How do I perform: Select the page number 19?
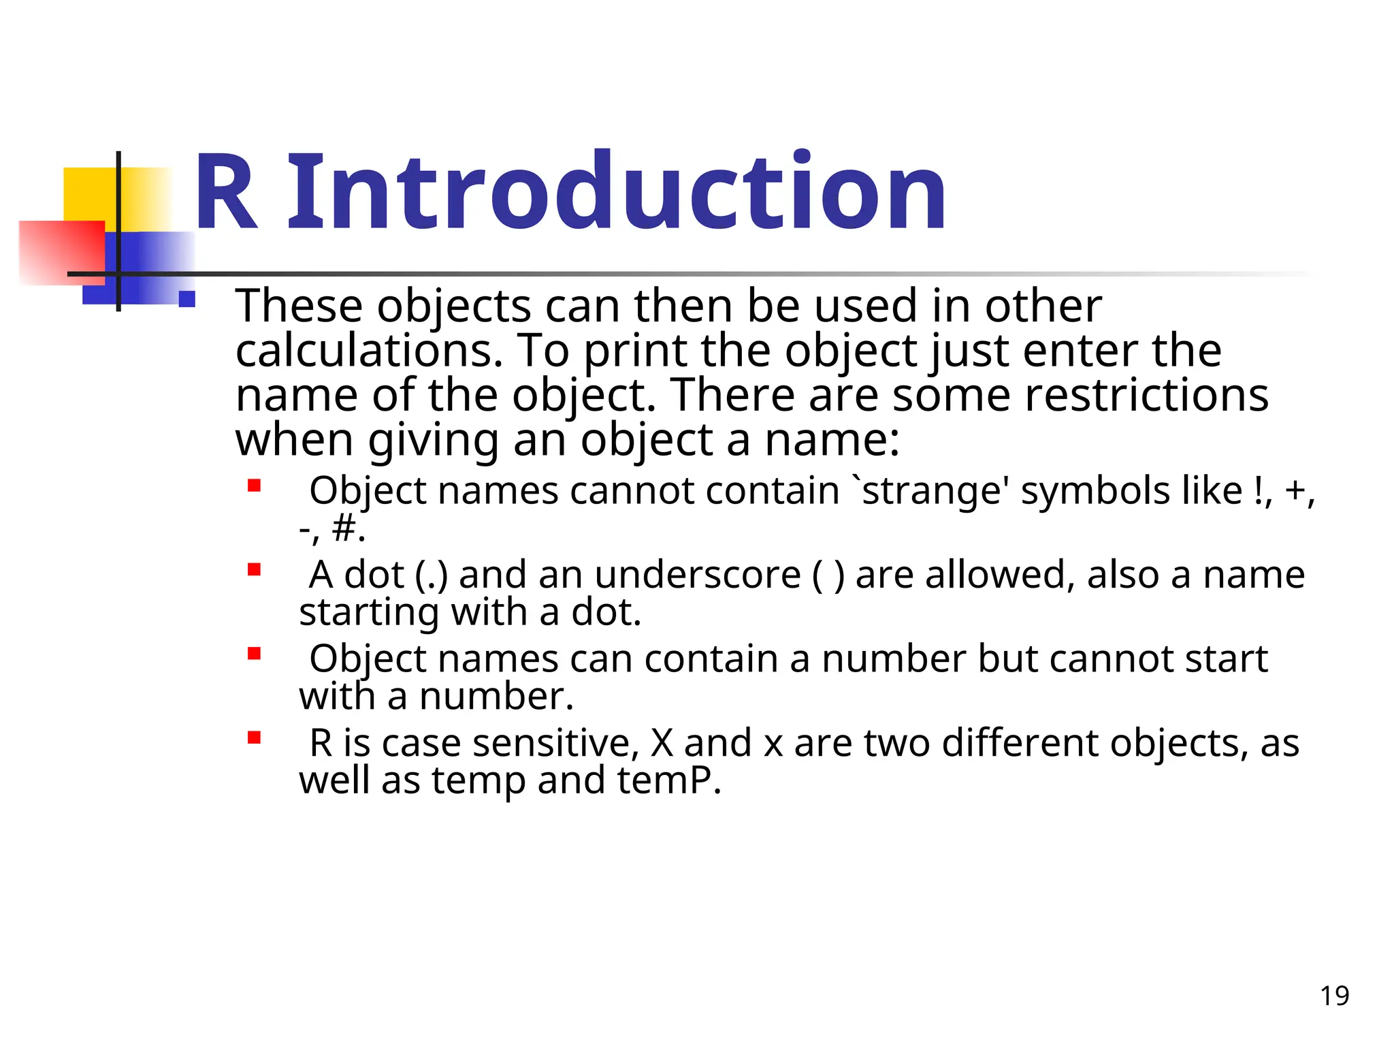(1334, 996)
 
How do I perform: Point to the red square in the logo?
(61, 252)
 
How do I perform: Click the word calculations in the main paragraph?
(368, 351)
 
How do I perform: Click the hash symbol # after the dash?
(344, 528)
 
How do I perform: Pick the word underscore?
(698, 575)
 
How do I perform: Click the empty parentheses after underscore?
(828, 575)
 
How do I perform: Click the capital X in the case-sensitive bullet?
(662, 743)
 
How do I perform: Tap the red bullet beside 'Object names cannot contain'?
(255, 486)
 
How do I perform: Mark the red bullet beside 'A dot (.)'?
(255, 569)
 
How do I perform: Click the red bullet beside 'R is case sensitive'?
(255, 738)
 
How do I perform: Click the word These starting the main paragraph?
(299, 306)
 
